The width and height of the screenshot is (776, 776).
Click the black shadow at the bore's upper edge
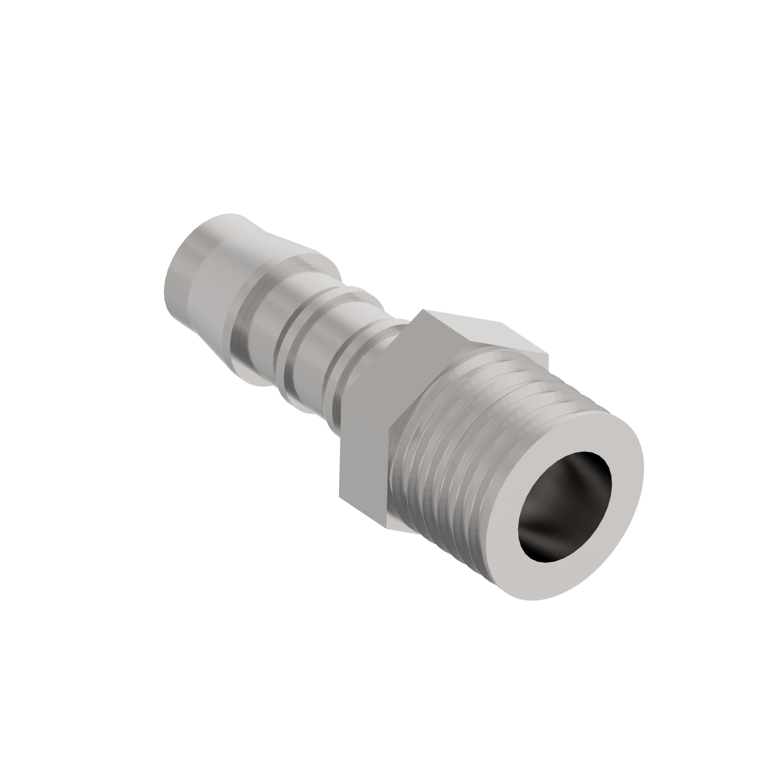tap(586, 458)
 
